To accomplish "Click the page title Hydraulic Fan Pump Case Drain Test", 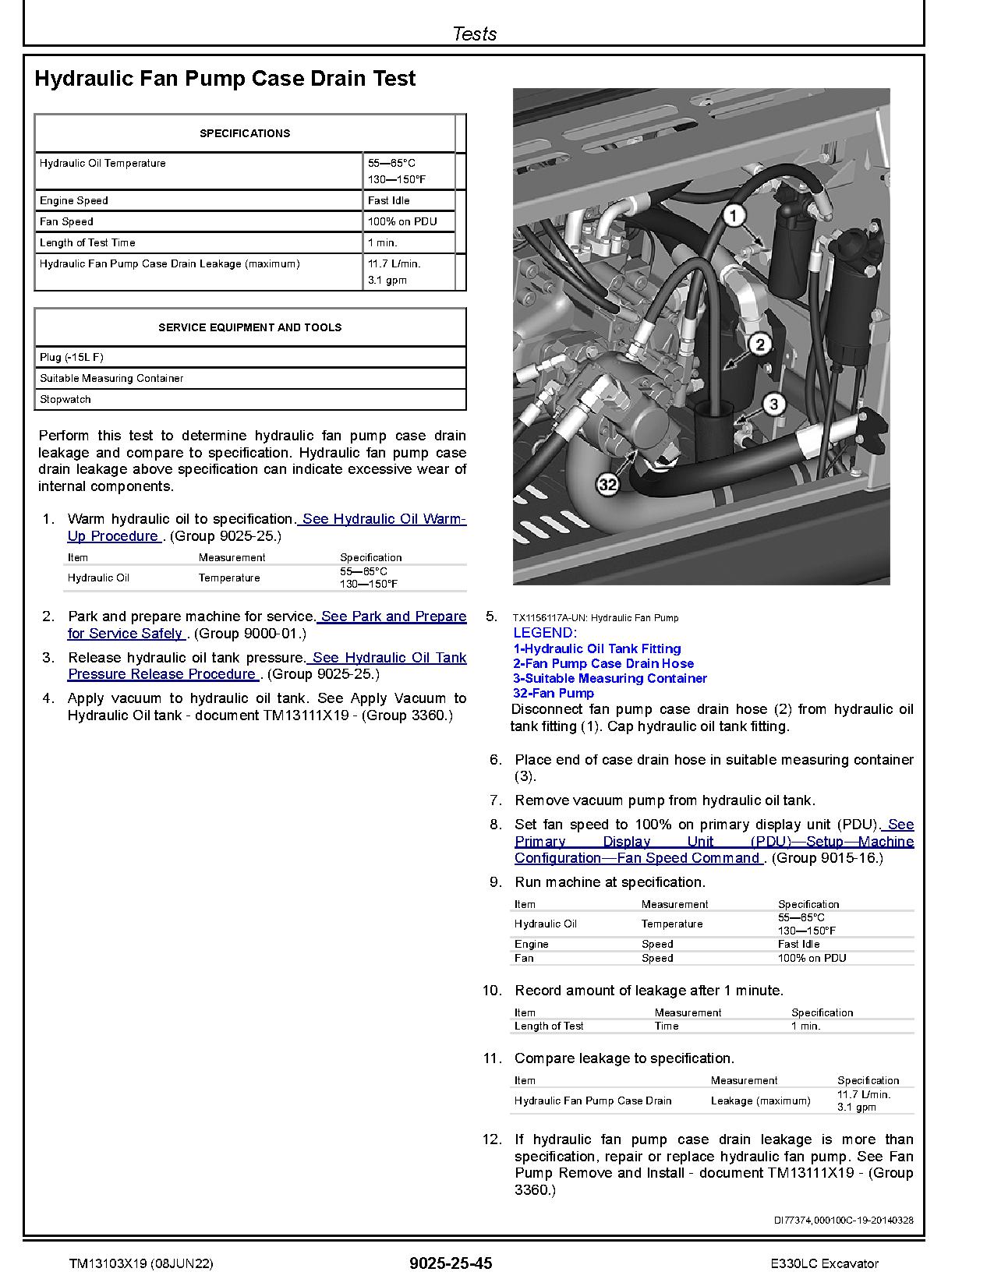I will coord(225,79).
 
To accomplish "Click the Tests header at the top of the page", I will coord(474,34).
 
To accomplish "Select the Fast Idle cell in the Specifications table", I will coord(388,200).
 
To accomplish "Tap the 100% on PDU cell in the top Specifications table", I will coord(401,221).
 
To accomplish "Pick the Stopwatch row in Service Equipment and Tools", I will coord(65,399).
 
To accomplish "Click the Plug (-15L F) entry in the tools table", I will coord(71,357).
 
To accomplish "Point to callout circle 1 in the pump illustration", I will coord(734,215).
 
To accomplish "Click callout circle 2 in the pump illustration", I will coord(759,344).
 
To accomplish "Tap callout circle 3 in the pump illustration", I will coord(773,403).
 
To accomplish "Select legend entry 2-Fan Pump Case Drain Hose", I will coord(603,663).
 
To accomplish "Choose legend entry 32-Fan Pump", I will coord(553,693).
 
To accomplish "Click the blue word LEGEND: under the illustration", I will coord(544,633).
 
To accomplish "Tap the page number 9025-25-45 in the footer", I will coord(450,1263).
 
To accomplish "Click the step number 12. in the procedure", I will coord(492,1139).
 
